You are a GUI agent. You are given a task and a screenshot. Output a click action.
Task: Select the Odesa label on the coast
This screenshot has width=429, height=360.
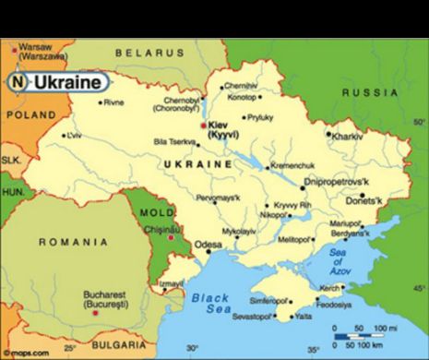coord(208,245)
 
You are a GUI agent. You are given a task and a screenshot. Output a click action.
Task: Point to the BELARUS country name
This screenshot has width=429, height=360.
coord(150,54)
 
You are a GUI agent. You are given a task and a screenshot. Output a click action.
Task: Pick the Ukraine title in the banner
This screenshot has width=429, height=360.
coord(67,81)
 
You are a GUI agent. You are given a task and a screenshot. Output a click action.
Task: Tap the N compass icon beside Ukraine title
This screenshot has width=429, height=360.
coord(18,81)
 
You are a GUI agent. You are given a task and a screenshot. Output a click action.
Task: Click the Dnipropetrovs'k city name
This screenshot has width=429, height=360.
coord(343,181)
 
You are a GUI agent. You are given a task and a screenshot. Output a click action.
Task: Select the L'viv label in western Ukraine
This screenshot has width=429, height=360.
coord(73,135)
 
